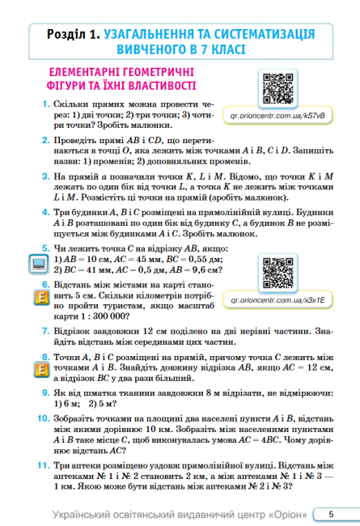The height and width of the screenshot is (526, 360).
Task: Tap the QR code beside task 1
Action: coord(277,88)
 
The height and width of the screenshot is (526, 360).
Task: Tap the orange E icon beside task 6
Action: coord(38,296)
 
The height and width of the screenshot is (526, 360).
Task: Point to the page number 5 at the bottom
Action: coord(331,514)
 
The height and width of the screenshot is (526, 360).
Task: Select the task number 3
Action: coord(46,185)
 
